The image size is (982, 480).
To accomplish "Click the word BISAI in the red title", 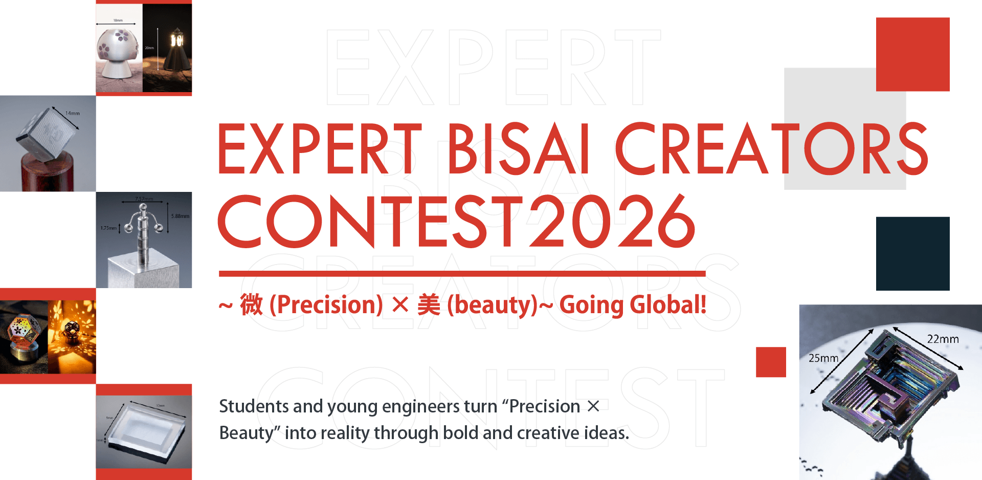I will [x=519, y=149].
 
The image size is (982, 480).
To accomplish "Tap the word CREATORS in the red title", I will [x=771, y=149].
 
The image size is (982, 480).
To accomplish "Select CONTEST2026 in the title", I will [x=456, y=221].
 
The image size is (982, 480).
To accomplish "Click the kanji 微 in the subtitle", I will [x=251, y=305].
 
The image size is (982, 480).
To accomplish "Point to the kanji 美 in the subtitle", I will [x=429, y=305].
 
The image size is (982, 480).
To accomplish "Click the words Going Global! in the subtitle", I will [x=633, y=305].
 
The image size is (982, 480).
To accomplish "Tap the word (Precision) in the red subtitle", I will [x=326, y=305].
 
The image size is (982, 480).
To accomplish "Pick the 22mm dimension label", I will [x=943, y=339].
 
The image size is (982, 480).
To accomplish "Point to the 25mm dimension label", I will [x=823, y=358].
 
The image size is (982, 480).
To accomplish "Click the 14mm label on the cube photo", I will [x=73, y=113].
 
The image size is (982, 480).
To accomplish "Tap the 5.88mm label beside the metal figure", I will [x=180, y=216].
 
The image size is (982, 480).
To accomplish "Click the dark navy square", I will [x=912, y=254].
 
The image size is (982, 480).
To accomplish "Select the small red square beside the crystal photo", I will [x=771, y=362].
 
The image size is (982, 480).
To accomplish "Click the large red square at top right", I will [x=912, y=54].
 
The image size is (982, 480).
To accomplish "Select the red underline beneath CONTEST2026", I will [x=462, y=274].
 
